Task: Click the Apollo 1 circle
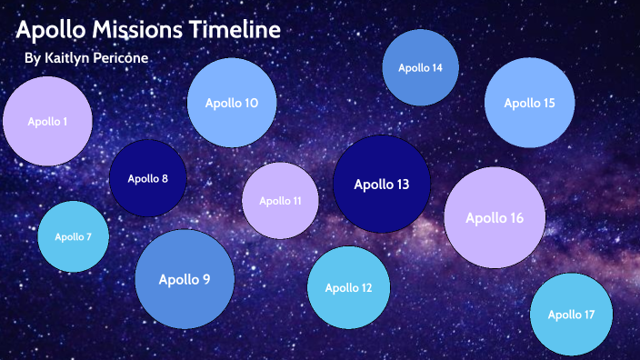[x=47, y=121]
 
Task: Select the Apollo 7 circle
[x=73, y=236]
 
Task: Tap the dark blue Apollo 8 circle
[x=147, y=178]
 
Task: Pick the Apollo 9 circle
[x=184, y=279]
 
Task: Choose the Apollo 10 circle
[x=231, y=104]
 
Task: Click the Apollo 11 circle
[x=280, y=201]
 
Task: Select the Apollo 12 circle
[x=348, y=288]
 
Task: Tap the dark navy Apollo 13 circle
[x=381, y=185]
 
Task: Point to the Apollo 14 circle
[x=420, y=68]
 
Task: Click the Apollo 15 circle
[x=529, y=103]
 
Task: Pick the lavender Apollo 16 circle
[x=495, y=217]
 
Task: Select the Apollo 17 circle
[x=571, y=315]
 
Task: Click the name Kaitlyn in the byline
[x=67, y=58]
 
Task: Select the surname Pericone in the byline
[x=120, y=58]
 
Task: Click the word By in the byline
[x=32, y=58]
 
